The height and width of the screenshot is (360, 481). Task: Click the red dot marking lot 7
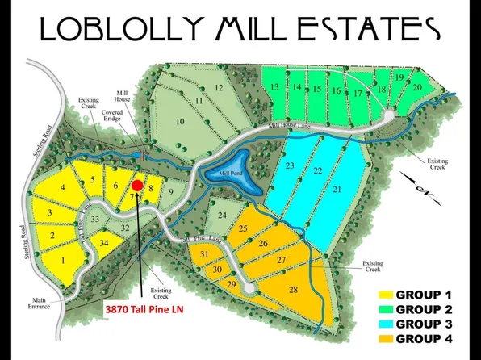point(137,185)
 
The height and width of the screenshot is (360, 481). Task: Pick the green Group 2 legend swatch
point(384,309)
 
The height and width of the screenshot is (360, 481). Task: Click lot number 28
point(293,289)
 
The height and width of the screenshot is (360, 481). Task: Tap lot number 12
point(218,88)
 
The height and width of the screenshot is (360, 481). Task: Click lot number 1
point(62,260)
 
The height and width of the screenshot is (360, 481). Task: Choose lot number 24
point(222,215)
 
